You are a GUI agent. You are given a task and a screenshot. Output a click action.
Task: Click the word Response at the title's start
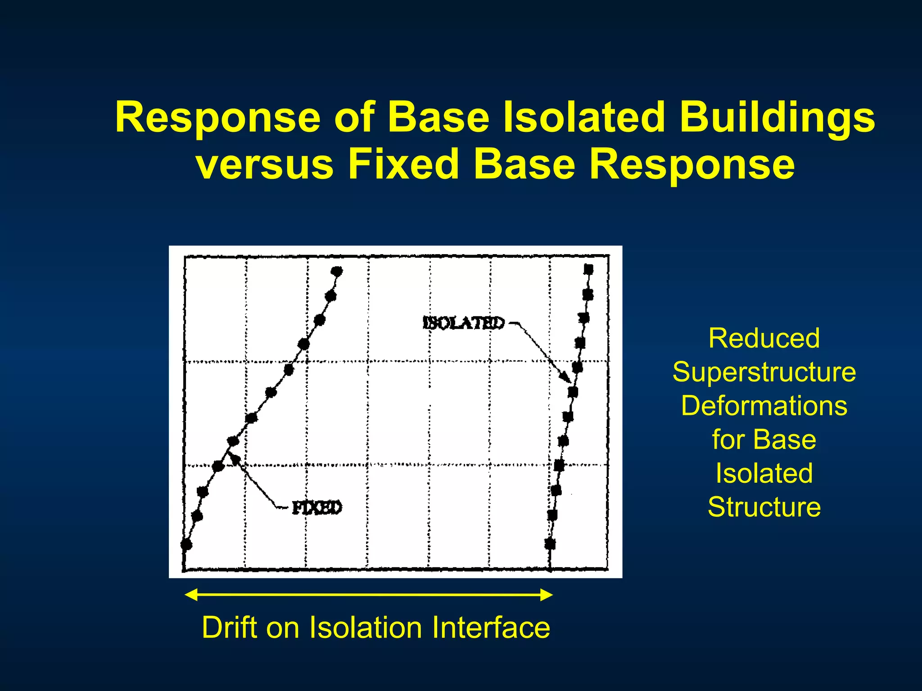[217, 118]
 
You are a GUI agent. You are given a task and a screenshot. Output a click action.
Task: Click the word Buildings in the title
[777, 118]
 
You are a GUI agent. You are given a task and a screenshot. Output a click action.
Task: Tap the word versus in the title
[265, 165]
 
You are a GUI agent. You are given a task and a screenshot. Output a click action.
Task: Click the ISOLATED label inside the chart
[464, 323]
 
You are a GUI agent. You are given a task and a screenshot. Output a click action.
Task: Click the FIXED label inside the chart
[317, 508]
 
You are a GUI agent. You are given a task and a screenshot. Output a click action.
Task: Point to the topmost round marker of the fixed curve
[337, 271]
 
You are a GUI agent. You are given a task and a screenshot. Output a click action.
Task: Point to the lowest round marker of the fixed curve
[186, 545]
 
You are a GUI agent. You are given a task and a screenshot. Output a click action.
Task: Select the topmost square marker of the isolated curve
[588, 269]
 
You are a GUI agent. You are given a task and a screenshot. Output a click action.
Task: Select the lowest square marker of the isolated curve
[550, 544]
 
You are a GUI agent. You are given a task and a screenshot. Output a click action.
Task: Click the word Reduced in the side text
[764, 338]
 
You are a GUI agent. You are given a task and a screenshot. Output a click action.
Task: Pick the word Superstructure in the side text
[764, 372]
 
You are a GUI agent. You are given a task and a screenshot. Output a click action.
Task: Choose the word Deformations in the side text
[764, 406]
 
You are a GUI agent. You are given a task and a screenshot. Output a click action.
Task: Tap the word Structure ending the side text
[764, 507]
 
